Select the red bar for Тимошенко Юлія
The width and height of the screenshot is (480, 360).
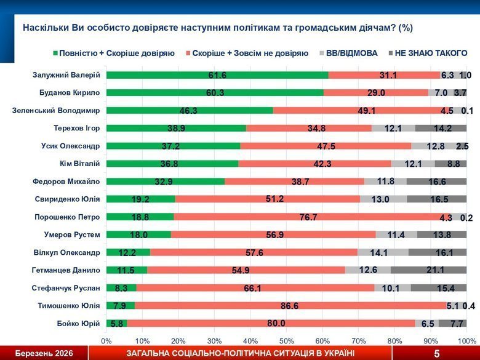click(281, 306)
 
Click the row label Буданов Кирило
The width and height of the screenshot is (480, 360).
click(68, 93)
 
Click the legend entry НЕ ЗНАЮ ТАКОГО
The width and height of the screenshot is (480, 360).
click(430, 54)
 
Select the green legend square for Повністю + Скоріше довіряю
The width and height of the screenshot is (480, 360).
click(56, 54)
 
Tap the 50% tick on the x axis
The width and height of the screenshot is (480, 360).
click(287, 340)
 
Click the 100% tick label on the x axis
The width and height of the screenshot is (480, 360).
click(466, 340)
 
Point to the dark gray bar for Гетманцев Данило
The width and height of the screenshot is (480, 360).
click(428, 270)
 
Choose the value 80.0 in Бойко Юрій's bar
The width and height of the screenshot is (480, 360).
click(276, 324)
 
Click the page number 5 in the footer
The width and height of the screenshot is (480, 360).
click(436, 353)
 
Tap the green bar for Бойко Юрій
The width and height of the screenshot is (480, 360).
click(116, 324)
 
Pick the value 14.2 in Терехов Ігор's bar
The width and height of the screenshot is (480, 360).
click(441, 129)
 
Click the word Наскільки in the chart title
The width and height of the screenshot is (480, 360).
click(44, 28)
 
